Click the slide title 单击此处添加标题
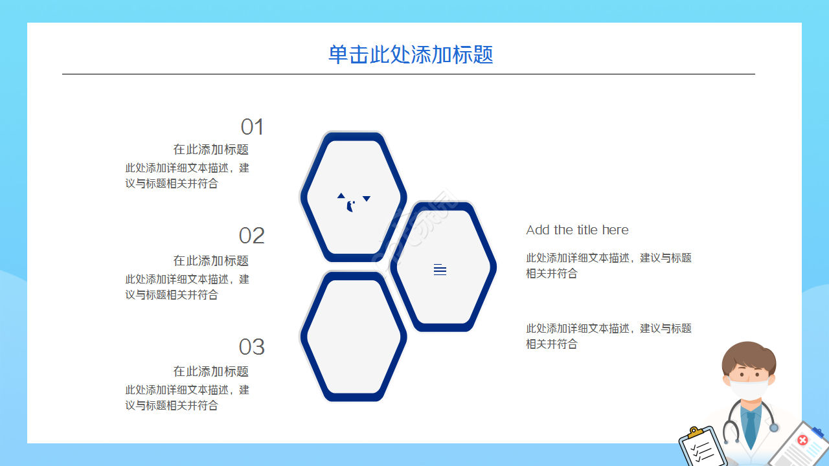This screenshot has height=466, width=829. [411, 54]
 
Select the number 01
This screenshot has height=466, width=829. [252, 127]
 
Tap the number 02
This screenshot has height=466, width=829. [251, 236]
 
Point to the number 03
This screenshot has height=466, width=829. [251, 347]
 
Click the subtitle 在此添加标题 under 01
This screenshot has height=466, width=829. [210, 150]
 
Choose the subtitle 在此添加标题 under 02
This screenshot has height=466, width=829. [210, 261]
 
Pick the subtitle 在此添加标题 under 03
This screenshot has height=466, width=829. [210, 372]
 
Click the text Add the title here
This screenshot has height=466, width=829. [577, 230]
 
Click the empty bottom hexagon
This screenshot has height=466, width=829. [353, 337]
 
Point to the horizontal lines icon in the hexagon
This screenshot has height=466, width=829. [440, 270]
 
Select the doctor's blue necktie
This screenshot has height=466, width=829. [750, 427]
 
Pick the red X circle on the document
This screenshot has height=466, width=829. [802, 440]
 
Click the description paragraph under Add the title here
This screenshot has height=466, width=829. [608, 265]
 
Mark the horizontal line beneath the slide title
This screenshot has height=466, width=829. [408, 74]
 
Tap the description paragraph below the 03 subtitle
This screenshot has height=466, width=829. [187, 397]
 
